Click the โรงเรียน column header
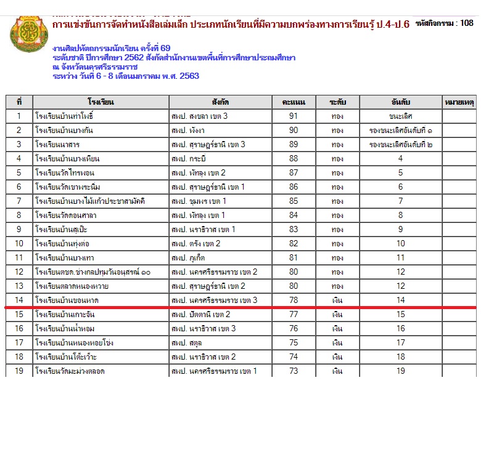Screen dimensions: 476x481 click(101, 102)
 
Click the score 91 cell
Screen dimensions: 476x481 click(294, 116)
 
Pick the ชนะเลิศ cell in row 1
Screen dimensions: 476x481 click(400, 116)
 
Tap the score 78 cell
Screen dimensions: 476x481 click(294, 300)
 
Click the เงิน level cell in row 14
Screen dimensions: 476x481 click(337, 300)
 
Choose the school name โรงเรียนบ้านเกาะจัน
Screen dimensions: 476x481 click(65, 314)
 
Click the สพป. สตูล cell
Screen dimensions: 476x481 click(184, 342)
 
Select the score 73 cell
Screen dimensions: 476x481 click(294, 371)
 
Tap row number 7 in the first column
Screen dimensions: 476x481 click(19, 201)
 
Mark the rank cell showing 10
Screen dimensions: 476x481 click(400, 243)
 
